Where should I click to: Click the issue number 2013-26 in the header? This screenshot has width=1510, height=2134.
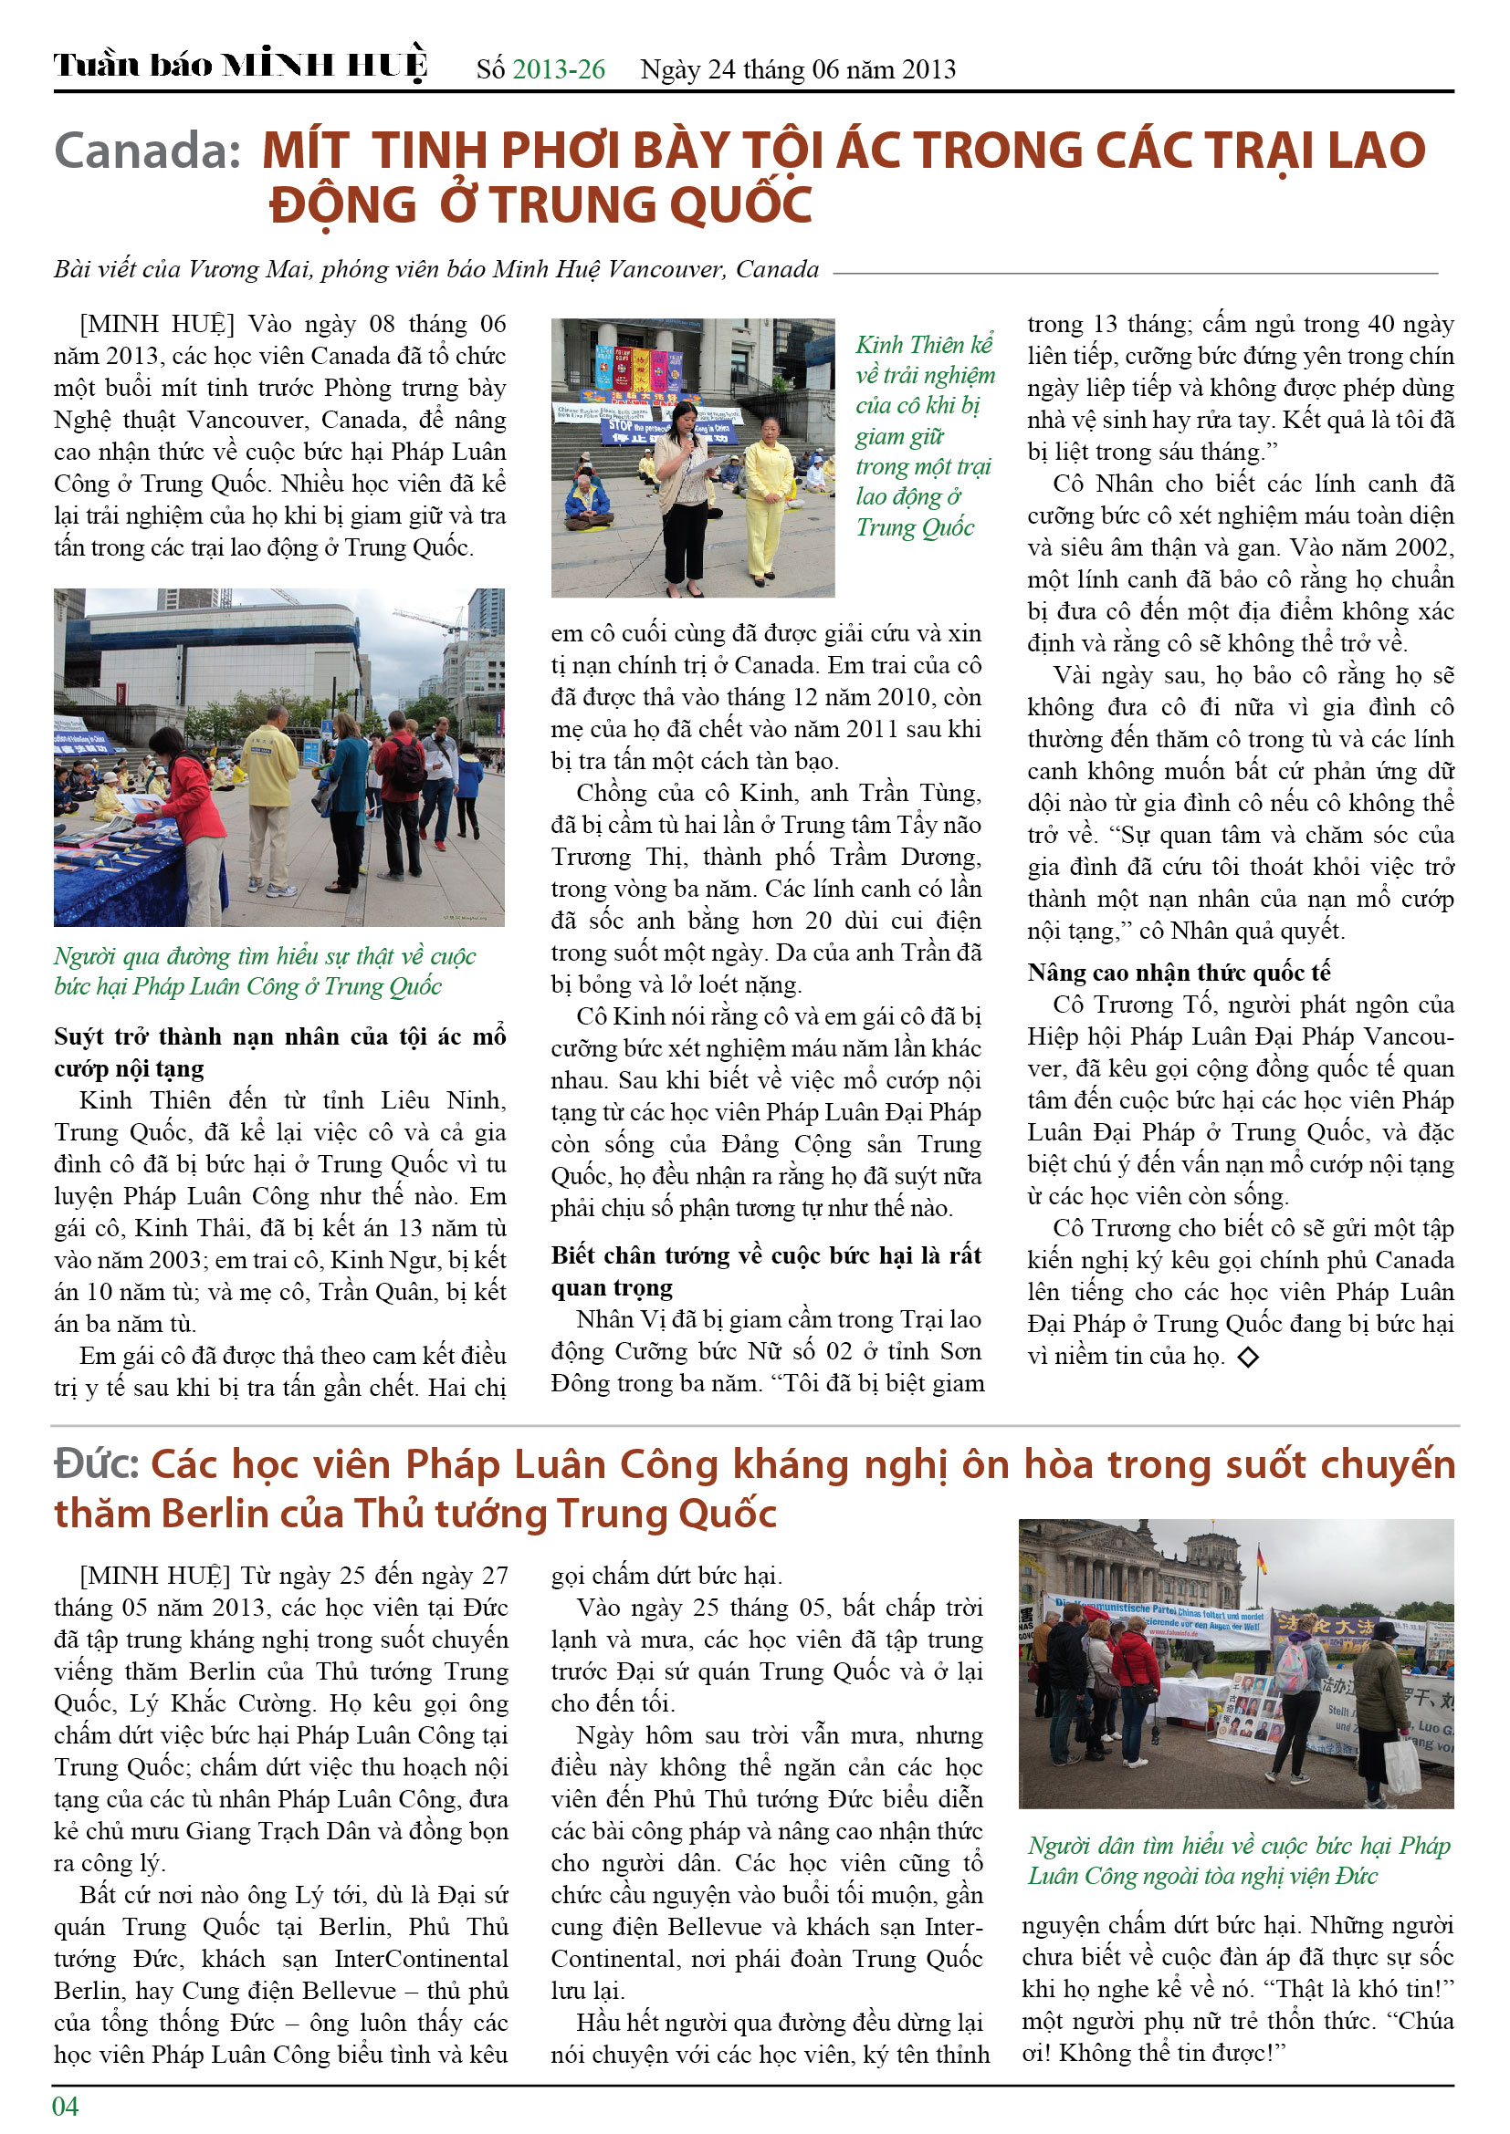tap(558, 69)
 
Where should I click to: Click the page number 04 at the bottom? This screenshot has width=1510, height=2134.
tap(65, 2106)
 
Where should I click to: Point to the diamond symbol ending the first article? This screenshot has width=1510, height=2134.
tap(1248, 1357)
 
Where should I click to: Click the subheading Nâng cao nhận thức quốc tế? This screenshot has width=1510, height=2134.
tap(1179, 973)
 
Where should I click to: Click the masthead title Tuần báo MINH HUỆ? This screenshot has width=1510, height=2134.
tap(240, 65)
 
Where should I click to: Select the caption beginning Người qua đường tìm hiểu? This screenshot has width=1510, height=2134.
tap(265, 971)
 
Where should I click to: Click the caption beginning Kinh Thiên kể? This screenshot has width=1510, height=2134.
tap(924, 435)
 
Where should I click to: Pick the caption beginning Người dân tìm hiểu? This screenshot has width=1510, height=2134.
tap(1238, 1859)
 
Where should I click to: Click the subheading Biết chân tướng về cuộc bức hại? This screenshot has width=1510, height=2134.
tap(765, 1271)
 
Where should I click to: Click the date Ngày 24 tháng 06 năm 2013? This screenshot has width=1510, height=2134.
tap(798, 69)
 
